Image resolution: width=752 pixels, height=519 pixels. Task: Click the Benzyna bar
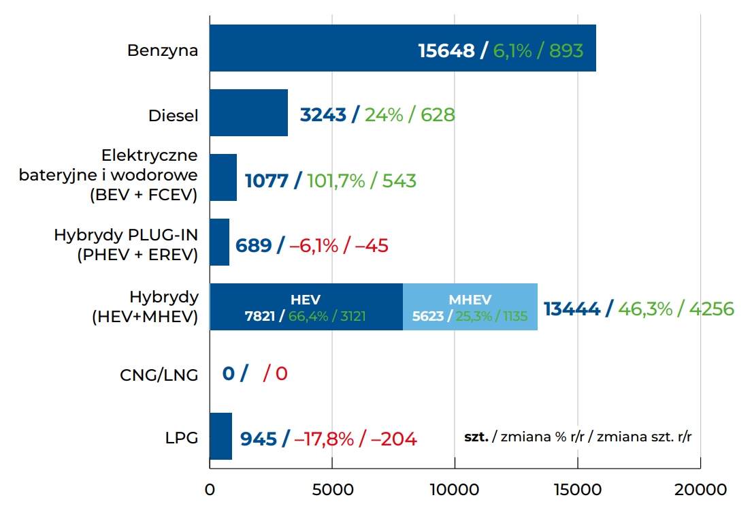[313, 48]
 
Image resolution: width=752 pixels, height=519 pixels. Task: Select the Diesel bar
[248, 113]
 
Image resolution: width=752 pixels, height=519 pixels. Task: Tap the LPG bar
[220, 436]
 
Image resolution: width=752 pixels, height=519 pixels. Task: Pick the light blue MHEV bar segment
[470, 307]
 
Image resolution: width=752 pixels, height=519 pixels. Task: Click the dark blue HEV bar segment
[306, 307]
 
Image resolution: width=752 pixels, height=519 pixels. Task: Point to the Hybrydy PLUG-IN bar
[219, 242]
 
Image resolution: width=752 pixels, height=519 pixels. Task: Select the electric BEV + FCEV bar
[223, 178]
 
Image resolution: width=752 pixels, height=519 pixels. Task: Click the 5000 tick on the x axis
[332, 490]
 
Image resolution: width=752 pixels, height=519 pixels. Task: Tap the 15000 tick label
[577, 490]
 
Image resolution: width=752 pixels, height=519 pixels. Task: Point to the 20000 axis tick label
[700, 490]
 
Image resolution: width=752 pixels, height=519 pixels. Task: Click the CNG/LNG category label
[159, 374]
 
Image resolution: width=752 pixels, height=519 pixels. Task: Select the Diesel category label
[173, 116]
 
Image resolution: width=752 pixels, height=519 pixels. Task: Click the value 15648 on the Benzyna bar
[446, 50]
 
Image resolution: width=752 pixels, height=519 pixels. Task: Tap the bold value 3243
[323, 115]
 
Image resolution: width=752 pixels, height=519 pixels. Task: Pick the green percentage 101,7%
[336, 180]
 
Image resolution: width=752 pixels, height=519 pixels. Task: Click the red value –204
[393, 439]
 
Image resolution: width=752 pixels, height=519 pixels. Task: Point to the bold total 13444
[572, 309]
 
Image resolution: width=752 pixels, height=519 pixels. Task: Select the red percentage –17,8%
[323, 439]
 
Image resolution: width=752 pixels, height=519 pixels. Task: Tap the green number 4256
[711, 309]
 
